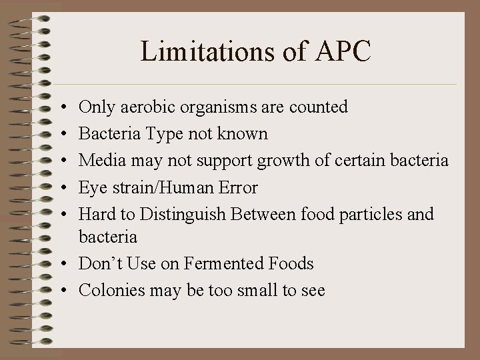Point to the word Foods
tap(290, 264)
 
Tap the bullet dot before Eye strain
tap(61, 188)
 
